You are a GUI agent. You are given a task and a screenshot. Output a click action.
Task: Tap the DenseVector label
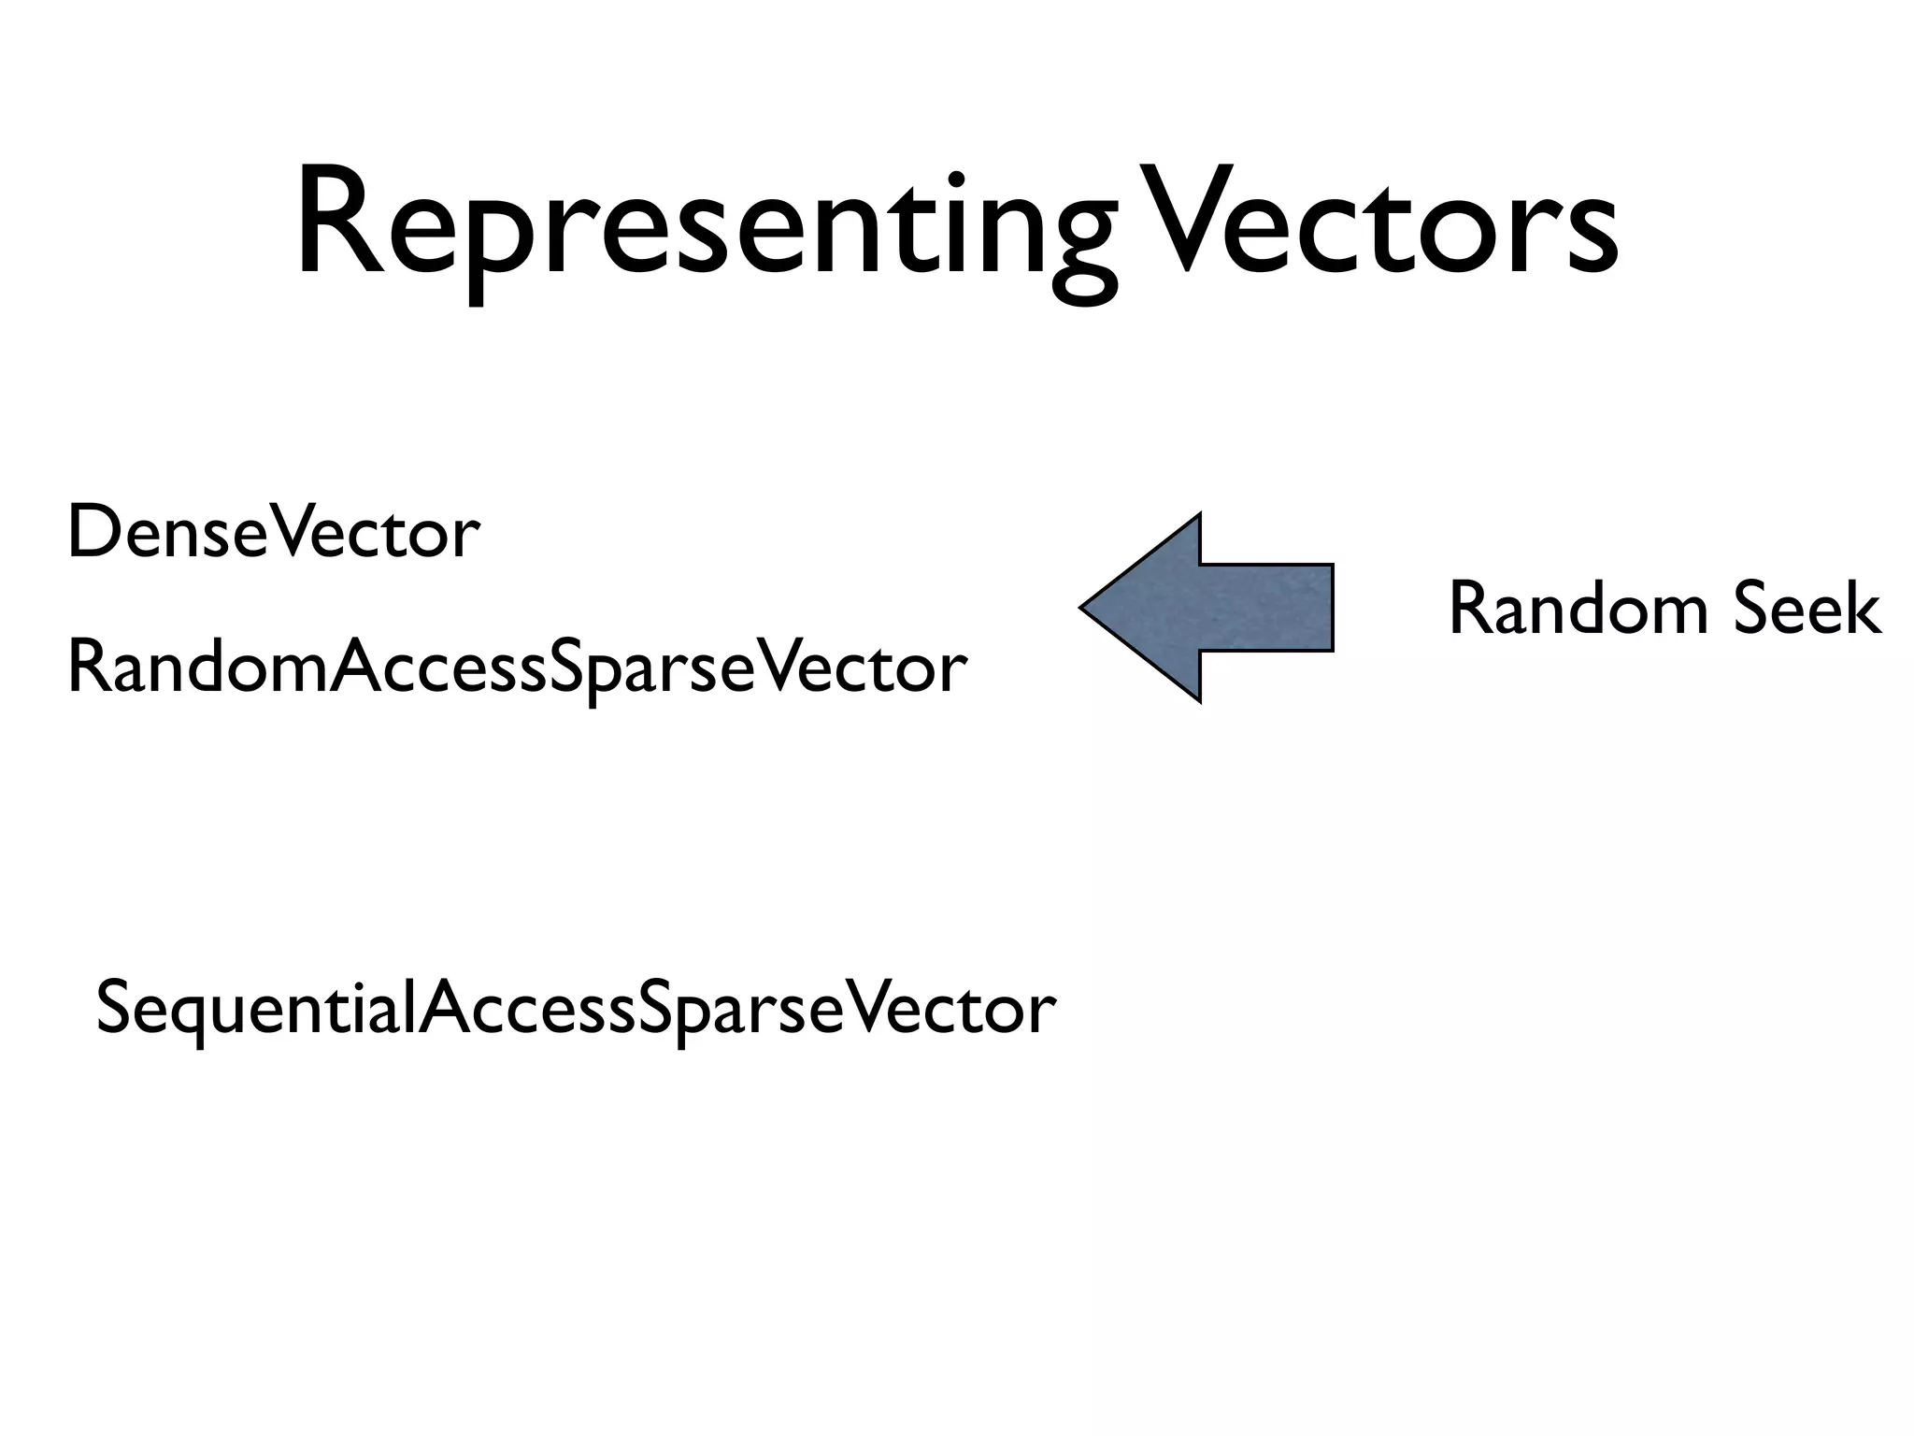click(273, 533)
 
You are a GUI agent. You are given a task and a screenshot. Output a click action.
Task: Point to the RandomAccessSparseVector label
click(517, 668)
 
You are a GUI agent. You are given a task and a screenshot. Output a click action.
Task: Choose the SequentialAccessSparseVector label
click(576, 1010)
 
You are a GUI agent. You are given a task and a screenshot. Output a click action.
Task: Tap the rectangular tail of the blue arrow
click(1266, 608)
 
